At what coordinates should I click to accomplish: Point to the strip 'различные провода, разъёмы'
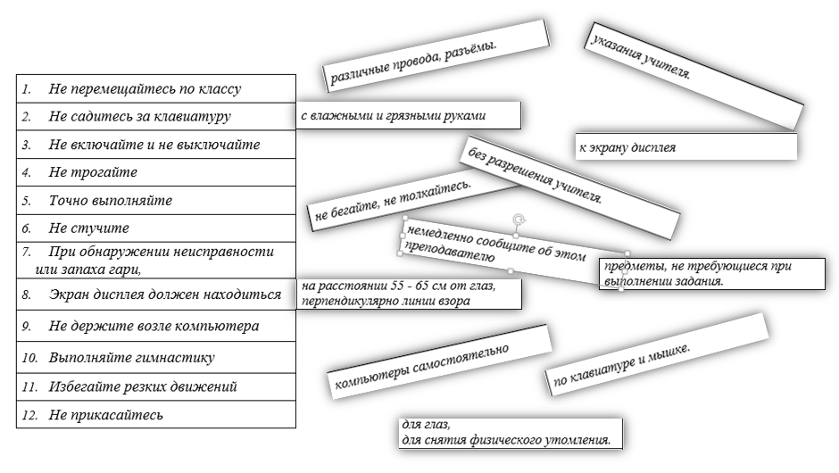(x=435, y=57)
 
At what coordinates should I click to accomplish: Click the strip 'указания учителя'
(x=691, y=75)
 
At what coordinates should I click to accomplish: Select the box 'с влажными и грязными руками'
(x=408, y=116)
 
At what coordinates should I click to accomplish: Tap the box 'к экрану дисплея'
(x=685, y=147)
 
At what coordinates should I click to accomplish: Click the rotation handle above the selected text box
(x=518, y=219)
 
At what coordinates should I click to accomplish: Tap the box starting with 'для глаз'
(x=509, y=433)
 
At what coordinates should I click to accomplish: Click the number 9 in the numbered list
(x=27, y=327)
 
